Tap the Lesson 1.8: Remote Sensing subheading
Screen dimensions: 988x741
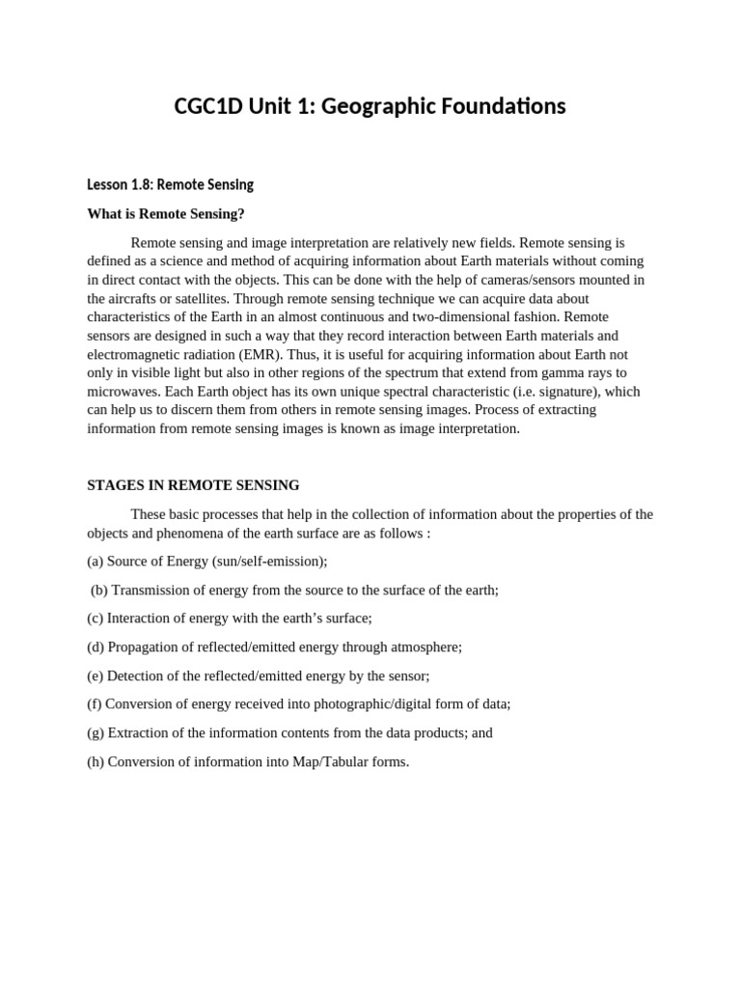[170, 184]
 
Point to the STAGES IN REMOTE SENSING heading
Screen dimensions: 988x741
[193, 485]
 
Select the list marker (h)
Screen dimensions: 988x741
[96, 761]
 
